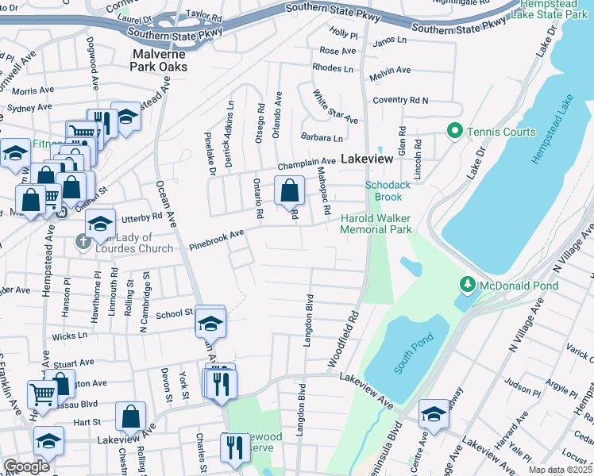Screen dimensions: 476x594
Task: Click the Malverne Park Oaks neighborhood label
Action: pyautogui.click(x=160, y=60)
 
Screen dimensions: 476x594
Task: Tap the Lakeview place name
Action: pyautogui.click(x=367, y=159)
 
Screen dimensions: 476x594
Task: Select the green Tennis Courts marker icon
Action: pyautogui.click(x=454, y=131)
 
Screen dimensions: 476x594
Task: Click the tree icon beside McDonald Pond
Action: pyautogui.click(x=468, y=283)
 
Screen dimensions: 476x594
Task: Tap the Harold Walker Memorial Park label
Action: pyautogui.click(x=376, y=224)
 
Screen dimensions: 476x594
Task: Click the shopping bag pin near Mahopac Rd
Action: pyautogui.click(x=289, y=190)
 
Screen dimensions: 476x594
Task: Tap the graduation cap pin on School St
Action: pyautogui.click(x=210, y=322)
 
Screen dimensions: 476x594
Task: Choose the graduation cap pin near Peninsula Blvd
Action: pyautogui.click(x=434, y=414)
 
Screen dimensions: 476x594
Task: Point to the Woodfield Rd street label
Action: pyautogui.click(x=343, y=339)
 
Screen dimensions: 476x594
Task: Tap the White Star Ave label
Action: pyautogui.click(x=334, y=106)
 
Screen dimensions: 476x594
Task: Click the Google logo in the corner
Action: pyautogui.click(x=26, y=466)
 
